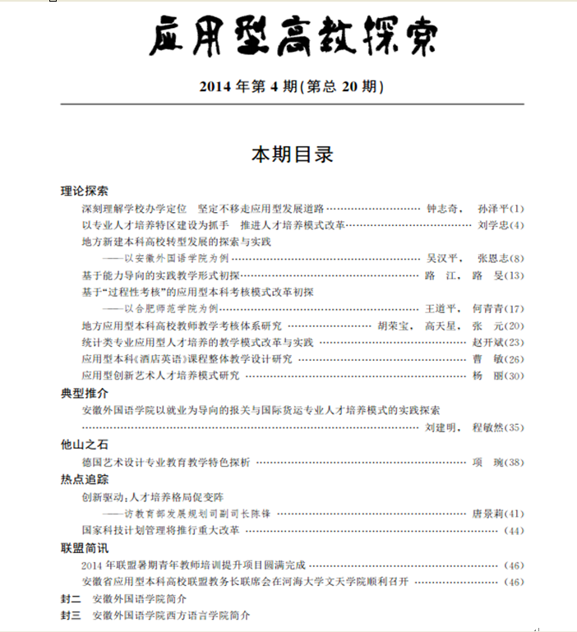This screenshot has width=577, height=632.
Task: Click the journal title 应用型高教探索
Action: point(293,37)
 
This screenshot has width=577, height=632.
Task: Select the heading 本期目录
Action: point(292,155)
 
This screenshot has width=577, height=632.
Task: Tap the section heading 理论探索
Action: point(84,191)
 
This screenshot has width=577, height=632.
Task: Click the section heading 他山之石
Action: point(84,445)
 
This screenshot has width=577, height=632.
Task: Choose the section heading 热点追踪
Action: point(84,479)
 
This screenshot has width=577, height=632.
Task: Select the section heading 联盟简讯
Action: point(84,547)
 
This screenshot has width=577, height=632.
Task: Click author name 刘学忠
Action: point(492,224)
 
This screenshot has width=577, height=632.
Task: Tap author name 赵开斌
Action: point(492,342)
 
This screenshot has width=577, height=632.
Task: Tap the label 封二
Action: point(71,598)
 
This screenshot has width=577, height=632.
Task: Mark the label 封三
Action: point(71,616)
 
